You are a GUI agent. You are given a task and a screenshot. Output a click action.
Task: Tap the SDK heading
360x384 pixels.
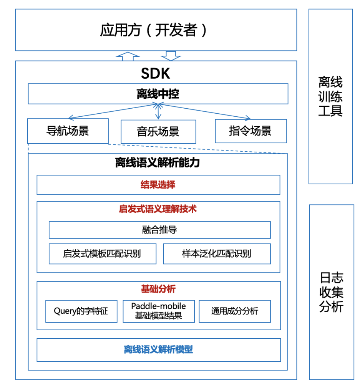point(156,73)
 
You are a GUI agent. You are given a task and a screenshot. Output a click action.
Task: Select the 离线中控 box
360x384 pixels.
point(158,94)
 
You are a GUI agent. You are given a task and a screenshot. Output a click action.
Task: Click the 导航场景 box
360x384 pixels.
point(68,131)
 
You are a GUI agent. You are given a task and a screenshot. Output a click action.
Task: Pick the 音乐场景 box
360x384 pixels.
point(158,132)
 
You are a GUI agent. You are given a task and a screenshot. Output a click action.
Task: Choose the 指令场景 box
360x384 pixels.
point(251,131)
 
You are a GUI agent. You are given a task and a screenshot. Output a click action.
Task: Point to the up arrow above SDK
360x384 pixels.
point(128,56)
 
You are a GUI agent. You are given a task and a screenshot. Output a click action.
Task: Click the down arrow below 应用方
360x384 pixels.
point(171,56)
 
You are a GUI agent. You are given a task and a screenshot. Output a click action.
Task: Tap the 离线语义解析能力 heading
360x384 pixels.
point(157,162)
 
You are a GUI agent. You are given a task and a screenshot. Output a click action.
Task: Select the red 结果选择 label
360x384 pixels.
point(158,185)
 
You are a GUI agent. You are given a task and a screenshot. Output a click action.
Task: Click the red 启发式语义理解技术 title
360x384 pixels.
point(158,209)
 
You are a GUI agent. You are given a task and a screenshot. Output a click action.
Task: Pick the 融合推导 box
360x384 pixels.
point(160,230)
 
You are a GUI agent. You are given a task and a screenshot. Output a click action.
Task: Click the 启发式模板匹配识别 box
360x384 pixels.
point(103,254)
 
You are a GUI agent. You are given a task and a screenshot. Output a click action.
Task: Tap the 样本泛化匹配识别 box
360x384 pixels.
point(217,254)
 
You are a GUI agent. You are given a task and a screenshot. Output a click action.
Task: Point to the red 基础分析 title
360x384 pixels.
point(158,289)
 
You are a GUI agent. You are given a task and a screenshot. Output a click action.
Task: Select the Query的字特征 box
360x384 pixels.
point(81,311)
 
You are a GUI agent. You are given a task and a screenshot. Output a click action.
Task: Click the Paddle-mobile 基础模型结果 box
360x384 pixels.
point(159,311)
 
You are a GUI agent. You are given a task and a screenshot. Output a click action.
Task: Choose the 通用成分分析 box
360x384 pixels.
point(235,311)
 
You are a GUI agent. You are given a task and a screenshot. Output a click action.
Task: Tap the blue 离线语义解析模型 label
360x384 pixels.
point(158,349)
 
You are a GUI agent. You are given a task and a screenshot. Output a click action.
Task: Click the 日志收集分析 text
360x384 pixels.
point(331,292)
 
